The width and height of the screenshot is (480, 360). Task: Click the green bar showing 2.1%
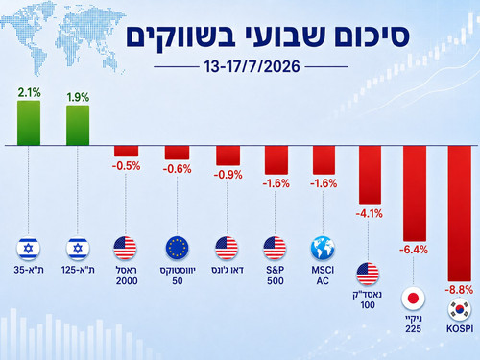(29, 123)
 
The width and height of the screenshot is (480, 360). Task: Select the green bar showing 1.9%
(78, 126)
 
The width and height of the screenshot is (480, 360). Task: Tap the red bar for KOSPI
(460, 213)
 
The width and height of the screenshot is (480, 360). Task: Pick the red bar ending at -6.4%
(415, 194)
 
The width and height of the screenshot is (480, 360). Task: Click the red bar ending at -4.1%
(370, 176)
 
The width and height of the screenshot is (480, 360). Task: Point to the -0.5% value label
(126, 166)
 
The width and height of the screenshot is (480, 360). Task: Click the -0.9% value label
(228, 175)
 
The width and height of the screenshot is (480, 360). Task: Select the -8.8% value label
(459, 290)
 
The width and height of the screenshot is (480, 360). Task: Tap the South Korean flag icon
(460, 310)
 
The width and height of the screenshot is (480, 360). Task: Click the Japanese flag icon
(413, 299)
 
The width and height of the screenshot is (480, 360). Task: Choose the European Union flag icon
(177, 248)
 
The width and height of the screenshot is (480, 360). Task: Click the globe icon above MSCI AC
(323, 248)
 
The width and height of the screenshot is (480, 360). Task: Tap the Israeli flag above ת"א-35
(28, 249)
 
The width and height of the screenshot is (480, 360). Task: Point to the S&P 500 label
(276, 276)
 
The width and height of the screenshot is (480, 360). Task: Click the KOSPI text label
(460, 328)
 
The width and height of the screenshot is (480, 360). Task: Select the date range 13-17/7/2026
(252, 66)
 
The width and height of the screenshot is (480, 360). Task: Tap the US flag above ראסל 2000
(125, 248)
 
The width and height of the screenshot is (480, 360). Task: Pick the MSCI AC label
(323, 276)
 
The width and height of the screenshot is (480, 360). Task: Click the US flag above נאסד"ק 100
(368, 274)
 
